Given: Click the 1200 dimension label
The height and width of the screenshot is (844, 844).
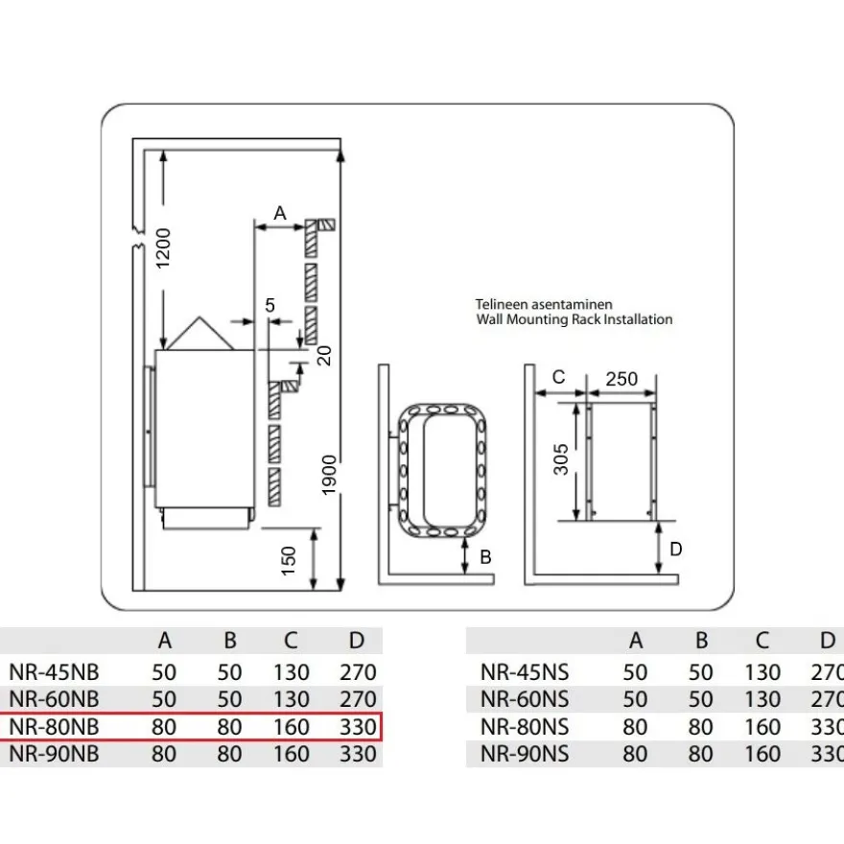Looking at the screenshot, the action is (162, 248).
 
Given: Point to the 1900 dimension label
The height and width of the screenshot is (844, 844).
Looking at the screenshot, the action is (328, 475).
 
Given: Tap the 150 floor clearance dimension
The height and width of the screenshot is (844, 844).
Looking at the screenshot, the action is (289, 560).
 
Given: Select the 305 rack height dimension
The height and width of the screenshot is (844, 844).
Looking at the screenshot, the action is (561, 459).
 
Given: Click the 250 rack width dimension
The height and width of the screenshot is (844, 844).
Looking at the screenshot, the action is (621, 379).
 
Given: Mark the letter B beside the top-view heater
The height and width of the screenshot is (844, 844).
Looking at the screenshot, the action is (485, 557).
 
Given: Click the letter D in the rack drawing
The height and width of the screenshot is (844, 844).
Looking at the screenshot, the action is (675, 549).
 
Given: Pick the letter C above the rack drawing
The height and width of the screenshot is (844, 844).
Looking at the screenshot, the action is (559, 377).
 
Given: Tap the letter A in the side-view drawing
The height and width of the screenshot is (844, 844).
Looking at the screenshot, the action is (280, 213).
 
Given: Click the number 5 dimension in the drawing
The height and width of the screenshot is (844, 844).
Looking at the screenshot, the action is (270, 305).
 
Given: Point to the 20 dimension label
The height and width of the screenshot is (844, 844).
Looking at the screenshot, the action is (324, 355).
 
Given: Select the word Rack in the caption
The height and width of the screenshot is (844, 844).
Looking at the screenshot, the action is (586, 319).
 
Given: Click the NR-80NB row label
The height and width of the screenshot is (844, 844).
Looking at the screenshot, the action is (55, 727).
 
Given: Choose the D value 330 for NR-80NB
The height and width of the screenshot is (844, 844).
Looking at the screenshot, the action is (358, 727).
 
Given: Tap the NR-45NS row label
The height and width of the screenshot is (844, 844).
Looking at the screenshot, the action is (525, 672).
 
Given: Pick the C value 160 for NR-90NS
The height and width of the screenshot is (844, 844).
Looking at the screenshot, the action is (762, 754).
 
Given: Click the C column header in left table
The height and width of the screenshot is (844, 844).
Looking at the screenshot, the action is (291, 641).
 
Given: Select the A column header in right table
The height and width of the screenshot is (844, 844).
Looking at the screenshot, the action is (636, 641).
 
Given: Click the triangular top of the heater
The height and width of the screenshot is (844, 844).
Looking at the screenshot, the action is (199, 334).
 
